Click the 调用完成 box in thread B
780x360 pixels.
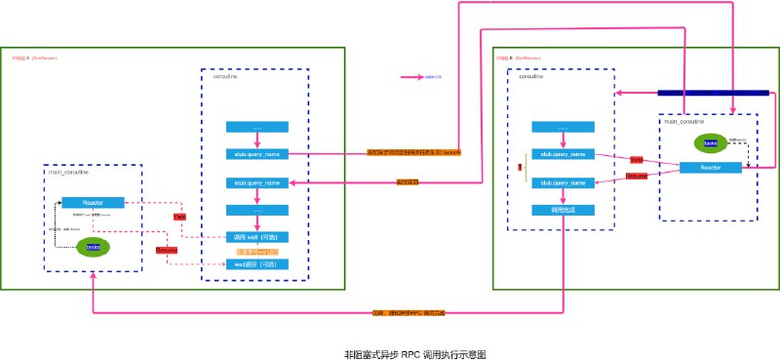pyautogui.click(x=564, y=210)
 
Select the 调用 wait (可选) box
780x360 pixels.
pyautogui.click(x=257, y=237)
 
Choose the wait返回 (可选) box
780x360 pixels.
pyautogui.click(x=257, y=264)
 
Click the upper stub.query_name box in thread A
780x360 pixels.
pyautogui.click(x=257, y=153)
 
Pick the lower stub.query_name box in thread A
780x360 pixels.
pyautogui.click(x=257, y=182)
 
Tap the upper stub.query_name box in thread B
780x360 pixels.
pyautogui.click(x=564, y=154)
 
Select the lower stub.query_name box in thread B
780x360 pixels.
pyautogui.click(x=564, y=181)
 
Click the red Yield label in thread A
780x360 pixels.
pyautogui.click(x=179, y=217)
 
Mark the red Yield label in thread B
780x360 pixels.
pyautogui.click(x=637, y=158)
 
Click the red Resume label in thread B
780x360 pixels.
pyautogui.click(x=636, y=177)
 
